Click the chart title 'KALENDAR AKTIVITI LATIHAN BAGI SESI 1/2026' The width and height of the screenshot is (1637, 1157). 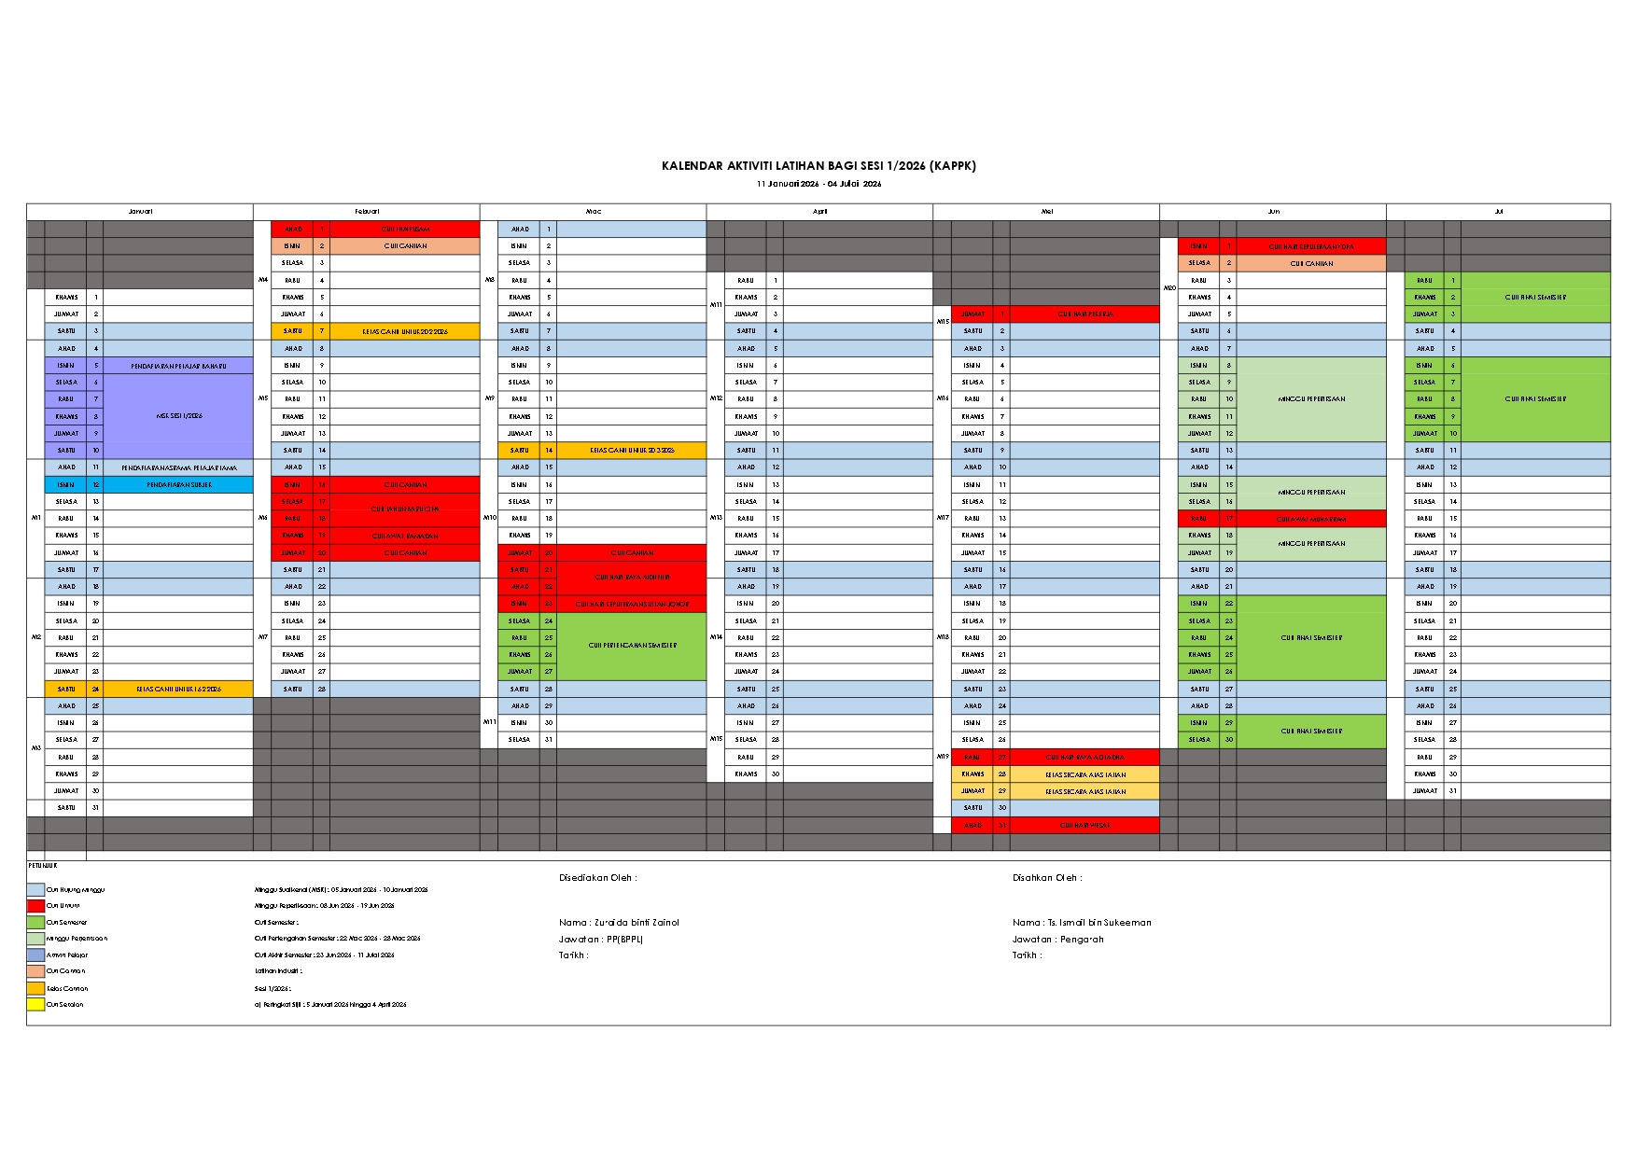coord(818,166)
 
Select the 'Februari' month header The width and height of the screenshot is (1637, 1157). coord(367,212)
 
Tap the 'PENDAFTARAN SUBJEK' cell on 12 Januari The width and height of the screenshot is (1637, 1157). coord(177,485)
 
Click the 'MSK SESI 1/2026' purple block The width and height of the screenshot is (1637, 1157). coord(178,416)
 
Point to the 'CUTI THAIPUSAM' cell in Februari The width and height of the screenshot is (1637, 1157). coord(405,229)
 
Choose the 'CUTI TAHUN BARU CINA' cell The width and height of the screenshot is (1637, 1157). coord(405,509)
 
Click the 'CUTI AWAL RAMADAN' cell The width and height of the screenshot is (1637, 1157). coord(405,536)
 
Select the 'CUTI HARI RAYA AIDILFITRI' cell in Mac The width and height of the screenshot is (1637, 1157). coord(632,578)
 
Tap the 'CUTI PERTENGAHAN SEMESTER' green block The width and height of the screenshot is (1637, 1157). coord(632,646)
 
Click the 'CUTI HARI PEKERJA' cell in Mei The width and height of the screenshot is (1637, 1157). coord(1084,314)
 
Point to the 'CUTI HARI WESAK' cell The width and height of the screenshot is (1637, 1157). coord(1084,826)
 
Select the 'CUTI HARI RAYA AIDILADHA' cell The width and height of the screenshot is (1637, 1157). coord(1084,758)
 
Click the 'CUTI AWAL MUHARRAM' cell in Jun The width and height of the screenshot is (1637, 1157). coord(1311,519)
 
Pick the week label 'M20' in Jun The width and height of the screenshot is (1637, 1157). coord(1169,288)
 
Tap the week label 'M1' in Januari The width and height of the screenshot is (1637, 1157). coord(36,518)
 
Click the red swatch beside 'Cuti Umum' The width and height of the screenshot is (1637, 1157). coord(35,906)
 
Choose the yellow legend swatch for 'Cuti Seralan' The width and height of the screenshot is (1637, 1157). coord(35,1005)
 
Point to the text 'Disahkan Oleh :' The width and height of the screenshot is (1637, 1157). coord(1047,878)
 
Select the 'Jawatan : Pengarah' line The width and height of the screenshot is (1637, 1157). coord(1057,940)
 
